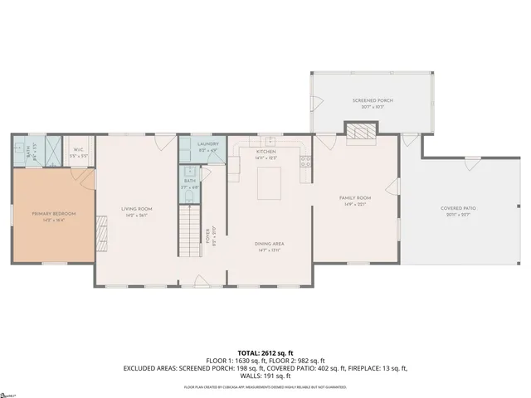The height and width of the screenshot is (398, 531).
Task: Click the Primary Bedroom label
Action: (x=54, y=214)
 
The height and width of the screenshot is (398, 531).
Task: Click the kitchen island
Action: (x=270, y=182)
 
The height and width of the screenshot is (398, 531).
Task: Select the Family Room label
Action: (x=354, y=198)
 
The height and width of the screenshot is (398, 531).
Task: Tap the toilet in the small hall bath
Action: (x=190, y=188)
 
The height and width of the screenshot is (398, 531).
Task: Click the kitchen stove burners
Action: (x=305, y=161)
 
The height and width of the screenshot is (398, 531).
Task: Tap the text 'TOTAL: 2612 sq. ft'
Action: (x=265, y=352)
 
